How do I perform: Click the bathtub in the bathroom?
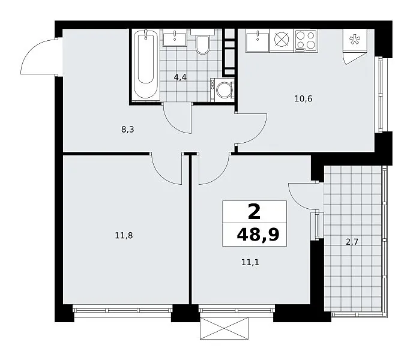click(146, 65)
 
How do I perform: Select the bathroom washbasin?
click(175, 38)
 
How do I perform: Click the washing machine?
click(222, 90)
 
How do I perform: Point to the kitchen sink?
click(258, 41)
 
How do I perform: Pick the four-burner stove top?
click(306, 40)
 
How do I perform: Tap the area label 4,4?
click(180, 77)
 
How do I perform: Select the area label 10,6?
click(303, 98)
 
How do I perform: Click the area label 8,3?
click(128, 130)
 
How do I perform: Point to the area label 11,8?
click(124, 235)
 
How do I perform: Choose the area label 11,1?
click(250, 262)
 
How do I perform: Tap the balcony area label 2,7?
click(352, 242)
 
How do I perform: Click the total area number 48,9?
click(258, 235)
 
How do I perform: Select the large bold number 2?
click(254, 212)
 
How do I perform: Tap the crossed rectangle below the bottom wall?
click(224, 328)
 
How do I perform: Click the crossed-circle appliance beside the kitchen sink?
click(282, 40)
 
